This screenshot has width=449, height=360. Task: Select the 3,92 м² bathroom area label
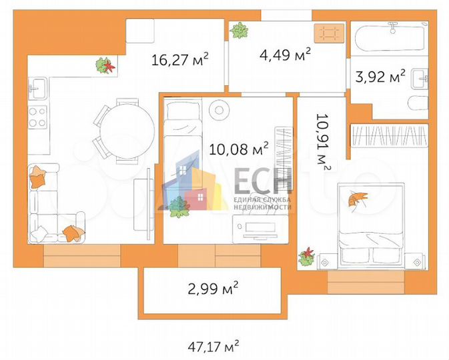coord(380,77)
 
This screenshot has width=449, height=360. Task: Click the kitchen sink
coord(37,86)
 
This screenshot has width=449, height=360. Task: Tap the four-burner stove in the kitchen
coord(37,117)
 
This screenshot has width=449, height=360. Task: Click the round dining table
coord(120,131)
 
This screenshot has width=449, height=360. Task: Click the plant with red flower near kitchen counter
coord(105,65)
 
